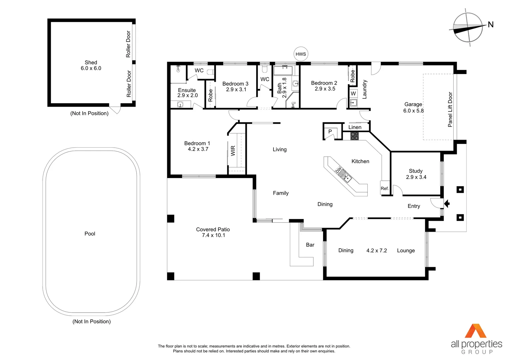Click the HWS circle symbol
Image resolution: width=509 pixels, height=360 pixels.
point(301,54)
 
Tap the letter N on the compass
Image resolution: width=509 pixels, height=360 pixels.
point(491,25)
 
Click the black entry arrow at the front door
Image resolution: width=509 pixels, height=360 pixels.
point(447,204)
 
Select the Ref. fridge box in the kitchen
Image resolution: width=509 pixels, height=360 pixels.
point(385,188)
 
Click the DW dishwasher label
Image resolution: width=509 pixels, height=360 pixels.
point(338,170)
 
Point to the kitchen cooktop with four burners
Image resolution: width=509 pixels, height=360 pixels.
point(354,136)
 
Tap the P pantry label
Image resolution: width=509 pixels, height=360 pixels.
point(330,131)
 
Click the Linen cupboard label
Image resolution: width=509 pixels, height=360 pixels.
point(355,127)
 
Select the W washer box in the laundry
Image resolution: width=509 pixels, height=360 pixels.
point(353,93)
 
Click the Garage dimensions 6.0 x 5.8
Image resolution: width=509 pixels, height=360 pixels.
point(413,111)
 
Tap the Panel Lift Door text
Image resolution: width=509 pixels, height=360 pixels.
point(450,109)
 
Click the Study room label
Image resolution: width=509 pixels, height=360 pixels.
point(416,171)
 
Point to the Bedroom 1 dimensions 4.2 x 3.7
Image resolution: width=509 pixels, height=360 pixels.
point(198,149)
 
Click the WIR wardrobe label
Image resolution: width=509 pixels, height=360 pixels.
point(233,151)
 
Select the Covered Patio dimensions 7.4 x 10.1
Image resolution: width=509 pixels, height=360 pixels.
point(214,235)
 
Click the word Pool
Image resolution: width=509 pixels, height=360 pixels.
point(90,234)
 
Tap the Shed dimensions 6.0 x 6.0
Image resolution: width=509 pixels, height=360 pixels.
point(91,68)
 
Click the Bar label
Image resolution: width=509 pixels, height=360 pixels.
point(310,245)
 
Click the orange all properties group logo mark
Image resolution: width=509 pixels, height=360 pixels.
point(476,331)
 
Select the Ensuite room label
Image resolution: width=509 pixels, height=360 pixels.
point(187,90)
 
